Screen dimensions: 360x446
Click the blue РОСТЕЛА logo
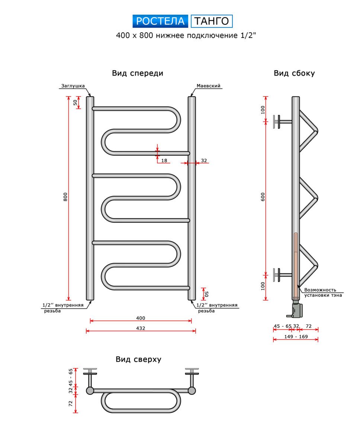tap(160, 21)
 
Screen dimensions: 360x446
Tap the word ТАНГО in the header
tap(212, 21)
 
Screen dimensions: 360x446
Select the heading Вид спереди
tap(138, 73)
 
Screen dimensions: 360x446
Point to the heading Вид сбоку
tap(294, 73)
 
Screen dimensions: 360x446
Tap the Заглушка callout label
tap(73, 86)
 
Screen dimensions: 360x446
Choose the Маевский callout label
tap(208, 86)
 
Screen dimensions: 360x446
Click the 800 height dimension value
tap(65, 197)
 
